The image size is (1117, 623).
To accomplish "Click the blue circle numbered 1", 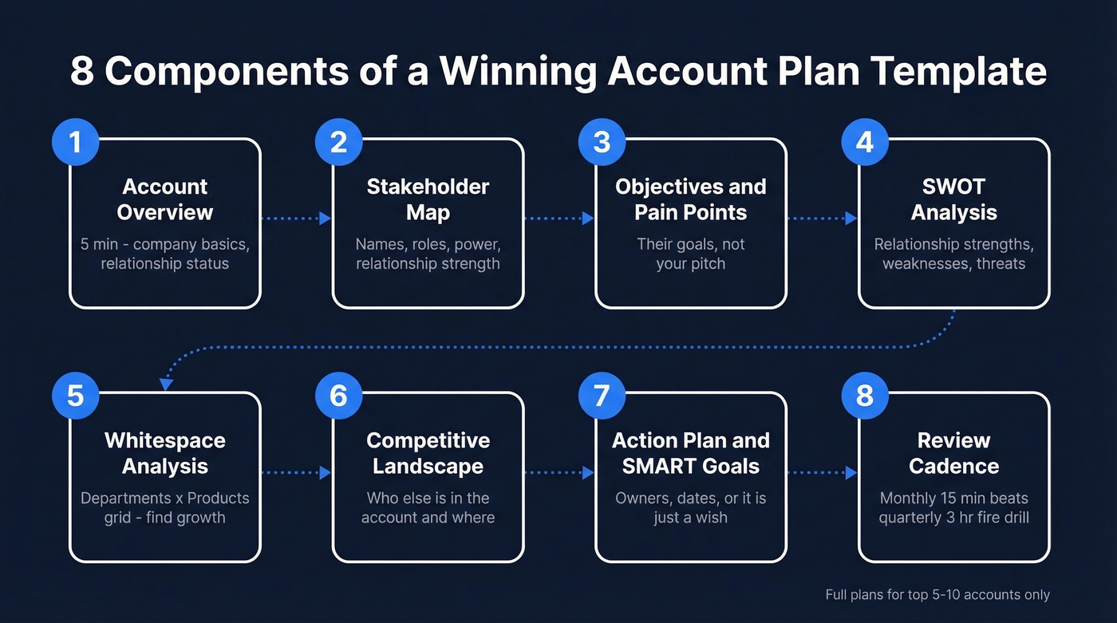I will (75, 142).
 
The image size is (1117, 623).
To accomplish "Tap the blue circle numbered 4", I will (865, 142).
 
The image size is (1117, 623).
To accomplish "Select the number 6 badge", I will (338, 396).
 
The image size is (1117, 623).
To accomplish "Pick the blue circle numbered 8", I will (865, 396).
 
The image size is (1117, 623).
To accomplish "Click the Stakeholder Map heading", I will (428, 199).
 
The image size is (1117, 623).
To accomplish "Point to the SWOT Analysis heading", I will (953, 199).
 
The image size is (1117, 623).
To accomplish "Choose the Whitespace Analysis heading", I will (165, 453).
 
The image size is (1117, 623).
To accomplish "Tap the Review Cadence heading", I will (953, 453).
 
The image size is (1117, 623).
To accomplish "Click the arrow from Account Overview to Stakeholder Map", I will (296, 219).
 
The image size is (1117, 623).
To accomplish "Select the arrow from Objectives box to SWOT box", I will (822, 219).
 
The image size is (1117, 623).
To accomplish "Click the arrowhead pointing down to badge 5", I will (166, 384).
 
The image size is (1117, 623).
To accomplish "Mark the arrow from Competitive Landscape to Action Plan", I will (559, 472).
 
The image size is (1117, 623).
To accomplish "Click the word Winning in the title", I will (517, 71).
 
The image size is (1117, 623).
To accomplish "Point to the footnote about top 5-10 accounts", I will (937, 594).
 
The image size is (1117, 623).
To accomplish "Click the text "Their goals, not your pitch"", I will (691, 254).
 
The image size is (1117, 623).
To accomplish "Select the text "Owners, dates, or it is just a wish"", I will (691, 507).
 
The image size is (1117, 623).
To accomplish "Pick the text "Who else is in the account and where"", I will (428, 507).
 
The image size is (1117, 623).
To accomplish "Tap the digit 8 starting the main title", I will (82, 71).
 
